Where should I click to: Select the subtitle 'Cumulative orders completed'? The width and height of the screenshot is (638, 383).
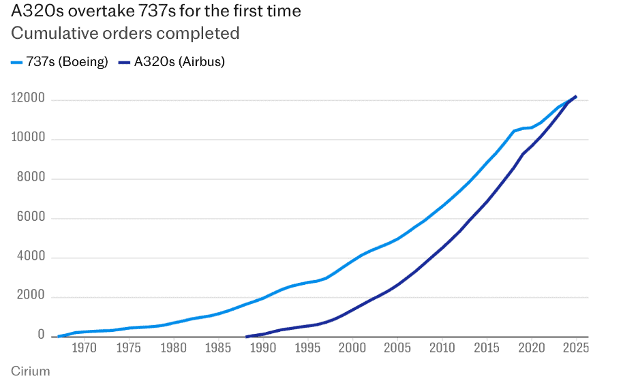[x=125, y=33]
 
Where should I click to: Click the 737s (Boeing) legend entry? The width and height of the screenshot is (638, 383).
[x=60, y=62]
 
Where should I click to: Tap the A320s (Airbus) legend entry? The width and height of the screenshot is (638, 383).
[x=172, y=62]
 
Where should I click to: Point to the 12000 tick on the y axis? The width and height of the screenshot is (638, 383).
[x=28, y=99]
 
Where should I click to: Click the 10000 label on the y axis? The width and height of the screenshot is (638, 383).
[x=28, y=139]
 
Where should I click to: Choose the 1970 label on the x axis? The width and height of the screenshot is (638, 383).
[x=84, y=348]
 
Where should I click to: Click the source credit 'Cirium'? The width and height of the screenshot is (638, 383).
[x=30, y=371]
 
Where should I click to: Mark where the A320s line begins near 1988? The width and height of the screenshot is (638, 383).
[x=246, y=336]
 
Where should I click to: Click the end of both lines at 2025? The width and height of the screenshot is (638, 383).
[x=576, y=97]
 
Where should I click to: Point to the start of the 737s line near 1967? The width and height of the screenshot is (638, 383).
[x=59, y=336]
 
